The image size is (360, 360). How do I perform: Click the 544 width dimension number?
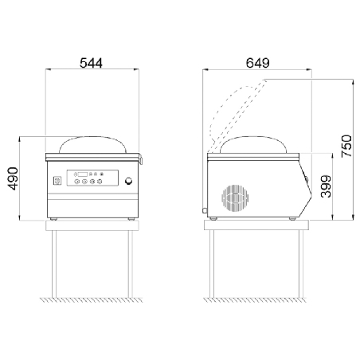(91, 63)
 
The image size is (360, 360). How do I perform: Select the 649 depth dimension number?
(257, 63)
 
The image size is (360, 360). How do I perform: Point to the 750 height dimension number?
(346, 146)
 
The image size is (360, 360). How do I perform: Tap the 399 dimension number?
(326, 186)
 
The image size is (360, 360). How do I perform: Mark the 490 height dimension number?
(14, 178)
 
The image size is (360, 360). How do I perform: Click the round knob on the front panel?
(129, 181)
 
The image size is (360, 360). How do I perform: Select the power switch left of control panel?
(57, 181)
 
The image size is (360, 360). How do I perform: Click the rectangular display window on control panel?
(82, 174)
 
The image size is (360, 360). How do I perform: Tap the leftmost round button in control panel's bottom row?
(76, 182)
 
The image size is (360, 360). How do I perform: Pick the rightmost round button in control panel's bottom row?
(100, 182)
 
